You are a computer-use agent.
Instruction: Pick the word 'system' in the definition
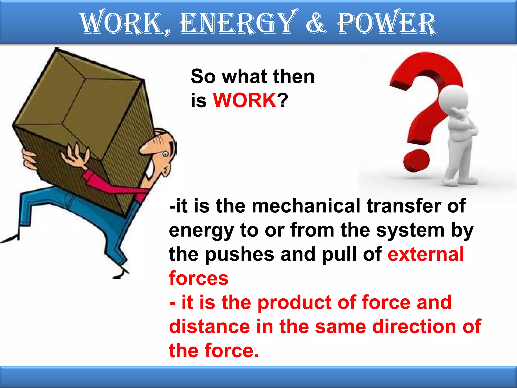click(x=410, y=230)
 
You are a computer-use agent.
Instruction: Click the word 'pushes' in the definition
click(x=239, y=255)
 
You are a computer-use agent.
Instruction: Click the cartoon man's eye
click(x=165, y=154)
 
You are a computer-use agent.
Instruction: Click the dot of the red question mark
click(x=416, y=161)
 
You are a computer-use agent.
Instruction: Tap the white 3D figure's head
click(x=453, y=99)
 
